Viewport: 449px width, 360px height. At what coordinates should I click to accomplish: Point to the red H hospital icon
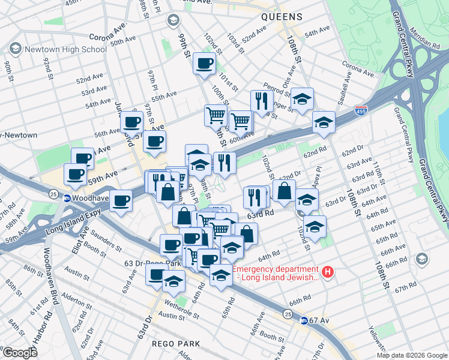tap(328, 272)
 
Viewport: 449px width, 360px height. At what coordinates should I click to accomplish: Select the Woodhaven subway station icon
tap(67, 198)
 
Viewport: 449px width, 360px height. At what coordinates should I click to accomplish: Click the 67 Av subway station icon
tap(304, 320)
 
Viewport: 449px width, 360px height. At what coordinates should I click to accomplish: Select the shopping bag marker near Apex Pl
tap(284, 191)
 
